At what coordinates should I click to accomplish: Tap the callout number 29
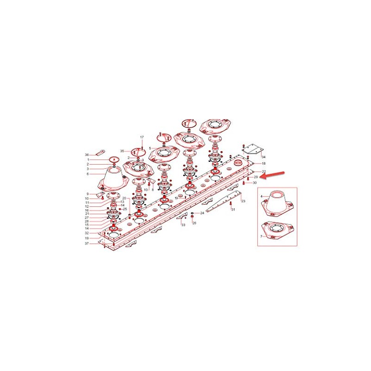[x=255, y=177]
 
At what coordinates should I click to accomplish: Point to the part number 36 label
[x=86, y=154]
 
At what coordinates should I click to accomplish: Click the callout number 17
[x=142, y=137]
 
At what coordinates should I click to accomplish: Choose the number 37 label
[x=86, y=243]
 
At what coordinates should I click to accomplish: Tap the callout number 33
[x=183, y=225]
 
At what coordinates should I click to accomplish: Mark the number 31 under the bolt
[x=234, y=210]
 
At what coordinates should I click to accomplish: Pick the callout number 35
[x=122, y=151]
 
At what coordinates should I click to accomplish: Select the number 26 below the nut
[x=194, y=223]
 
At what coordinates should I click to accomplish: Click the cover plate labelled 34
[x=251, y=148]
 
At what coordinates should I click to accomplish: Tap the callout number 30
[x=254, y=183]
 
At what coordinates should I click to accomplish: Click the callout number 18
[x=263, y=164]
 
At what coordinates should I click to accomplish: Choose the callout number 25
[x=125, y=209]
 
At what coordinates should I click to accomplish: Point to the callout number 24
[x=202, y=213]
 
